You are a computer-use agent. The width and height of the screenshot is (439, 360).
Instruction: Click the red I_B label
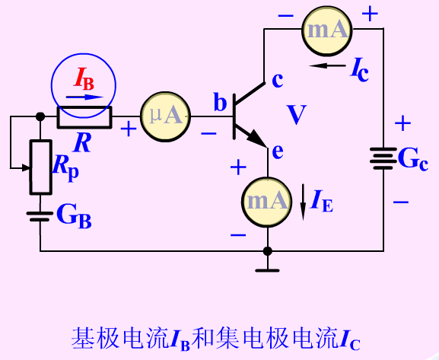84,80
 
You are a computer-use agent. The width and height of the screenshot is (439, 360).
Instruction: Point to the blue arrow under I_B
84,97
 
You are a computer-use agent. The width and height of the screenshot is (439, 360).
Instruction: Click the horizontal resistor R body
84,117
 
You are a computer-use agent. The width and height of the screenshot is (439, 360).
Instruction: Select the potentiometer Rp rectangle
41,167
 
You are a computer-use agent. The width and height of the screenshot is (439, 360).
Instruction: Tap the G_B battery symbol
40,217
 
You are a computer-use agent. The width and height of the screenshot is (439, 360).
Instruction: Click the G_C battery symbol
383,158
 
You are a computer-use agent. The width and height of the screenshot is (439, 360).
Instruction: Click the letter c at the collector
278,80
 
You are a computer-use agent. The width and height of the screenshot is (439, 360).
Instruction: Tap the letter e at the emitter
278,151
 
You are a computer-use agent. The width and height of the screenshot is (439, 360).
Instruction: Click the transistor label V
297,115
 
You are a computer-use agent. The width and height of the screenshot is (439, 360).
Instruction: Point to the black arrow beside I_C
327,66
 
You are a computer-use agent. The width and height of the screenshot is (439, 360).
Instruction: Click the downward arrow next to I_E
303,202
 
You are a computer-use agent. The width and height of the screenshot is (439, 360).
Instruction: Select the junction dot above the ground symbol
268,251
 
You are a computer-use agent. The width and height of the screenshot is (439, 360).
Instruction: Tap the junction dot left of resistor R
40,116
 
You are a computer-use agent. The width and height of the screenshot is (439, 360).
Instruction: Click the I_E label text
322,201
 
